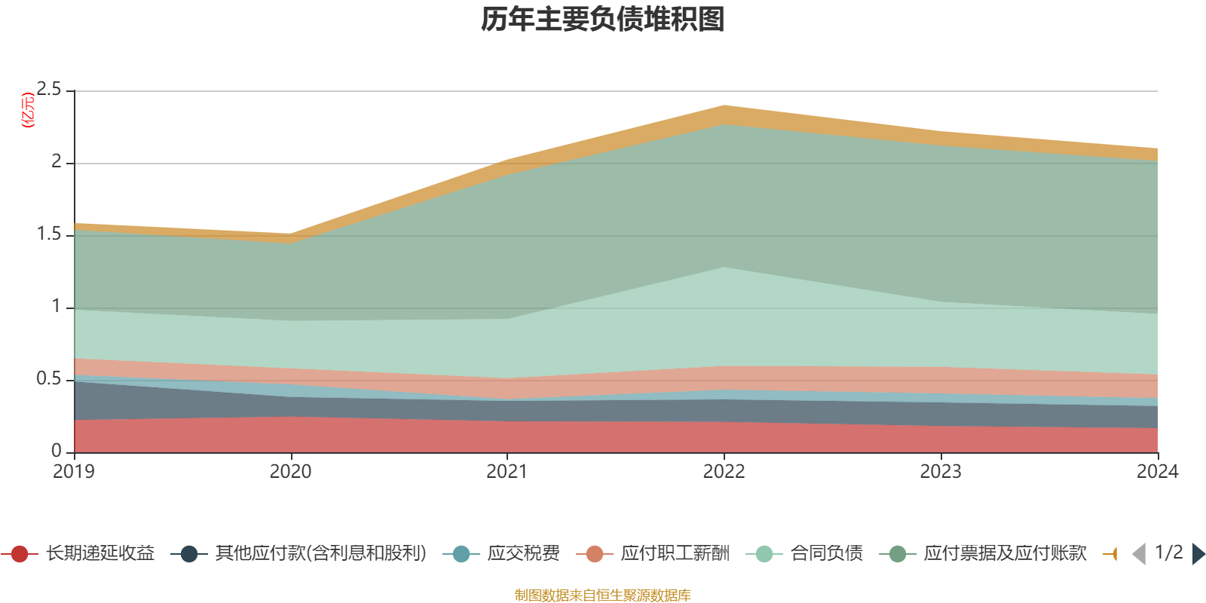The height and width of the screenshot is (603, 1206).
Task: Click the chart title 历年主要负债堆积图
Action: (x=603, y=20)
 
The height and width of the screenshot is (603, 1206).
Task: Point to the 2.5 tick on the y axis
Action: (x=50, y=90)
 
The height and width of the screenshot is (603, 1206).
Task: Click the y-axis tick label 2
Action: (x=57, y=161)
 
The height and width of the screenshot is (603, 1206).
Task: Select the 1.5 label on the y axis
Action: (x=50, y=234)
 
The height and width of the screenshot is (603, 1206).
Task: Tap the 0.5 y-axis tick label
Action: (x=50, y=378)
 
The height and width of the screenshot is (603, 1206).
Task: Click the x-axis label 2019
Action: (x=74, y=472)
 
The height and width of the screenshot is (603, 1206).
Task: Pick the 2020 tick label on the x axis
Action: (x=290, y=472)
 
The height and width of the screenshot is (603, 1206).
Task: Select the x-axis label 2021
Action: (x=507, y=472)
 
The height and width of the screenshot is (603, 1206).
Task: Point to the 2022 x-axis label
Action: (x=724, y=472)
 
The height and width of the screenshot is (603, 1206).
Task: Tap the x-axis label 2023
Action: (x=941, y=472)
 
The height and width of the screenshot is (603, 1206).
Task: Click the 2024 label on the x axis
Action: (x=1157, y=472)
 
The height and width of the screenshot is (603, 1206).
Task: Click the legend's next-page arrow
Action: (x=1198, y=554)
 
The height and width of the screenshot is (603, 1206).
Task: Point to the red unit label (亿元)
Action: (x=29, y=110)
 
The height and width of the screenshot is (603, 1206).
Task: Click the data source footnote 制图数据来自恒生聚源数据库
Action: (x=603, y=595)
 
